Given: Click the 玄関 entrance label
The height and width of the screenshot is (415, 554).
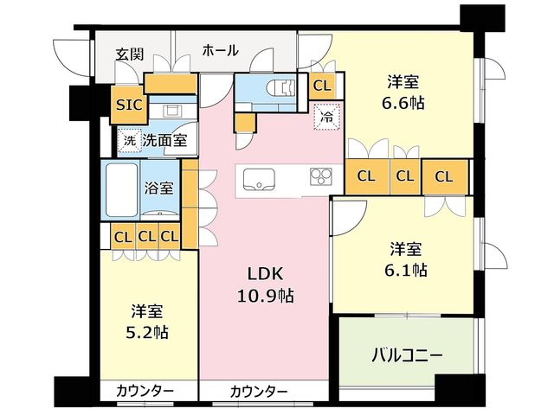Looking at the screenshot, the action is coord(130,54).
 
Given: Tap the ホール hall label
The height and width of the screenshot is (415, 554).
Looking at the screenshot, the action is coord(221,51).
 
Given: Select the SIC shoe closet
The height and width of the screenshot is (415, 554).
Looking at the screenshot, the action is coord(129,105).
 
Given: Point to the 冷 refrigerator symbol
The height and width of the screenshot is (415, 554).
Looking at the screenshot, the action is coord(326,117).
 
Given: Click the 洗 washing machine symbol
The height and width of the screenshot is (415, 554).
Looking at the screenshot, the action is coord(130,141).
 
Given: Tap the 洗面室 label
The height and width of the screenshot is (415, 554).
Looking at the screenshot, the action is coord(164,141).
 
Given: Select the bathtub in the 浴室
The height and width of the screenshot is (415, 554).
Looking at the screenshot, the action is coord(121,189).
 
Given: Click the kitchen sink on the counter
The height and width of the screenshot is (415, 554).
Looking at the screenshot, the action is coord(259,179).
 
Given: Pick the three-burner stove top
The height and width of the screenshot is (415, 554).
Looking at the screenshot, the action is coord(321,176).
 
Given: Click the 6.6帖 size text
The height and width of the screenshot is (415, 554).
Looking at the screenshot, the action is coord(403,103).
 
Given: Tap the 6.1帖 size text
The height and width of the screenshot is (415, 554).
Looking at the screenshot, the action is coord(406,271).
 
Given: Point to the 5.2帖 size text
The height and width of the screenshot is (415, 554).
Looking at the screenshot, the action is coord(147,332).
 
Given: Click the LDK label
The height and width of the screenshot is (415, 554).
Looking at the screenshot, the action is coord(265,274).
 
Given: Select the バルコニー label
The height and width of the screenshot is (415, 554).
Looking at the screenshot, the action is coord(406,355).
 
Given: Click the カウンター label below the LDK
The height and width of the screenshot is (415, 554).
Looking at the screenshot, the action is coord(259,392).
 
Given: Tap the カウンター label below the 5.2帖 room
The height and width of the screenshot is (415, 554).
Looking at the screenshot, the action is coord(145,391).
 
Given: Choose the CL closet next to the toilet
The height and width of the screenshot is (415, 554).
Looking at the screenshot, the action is coord(322,86).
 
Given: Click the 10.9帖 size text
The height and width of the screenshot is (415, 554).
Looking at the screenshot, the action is coord(265,296).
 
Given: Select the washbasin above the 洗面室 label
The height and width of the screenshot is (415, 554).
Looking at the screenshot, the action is coord(173,111).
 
